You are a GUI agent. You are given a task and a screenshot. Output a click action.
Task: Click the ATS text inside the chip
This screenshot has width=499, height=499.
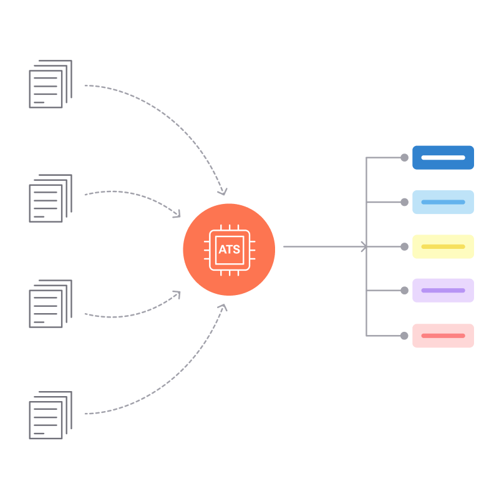pos(229,249)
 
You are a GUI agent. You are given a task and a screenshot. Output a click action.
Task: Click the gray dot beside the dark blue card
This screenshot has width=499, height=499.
pos(404,157)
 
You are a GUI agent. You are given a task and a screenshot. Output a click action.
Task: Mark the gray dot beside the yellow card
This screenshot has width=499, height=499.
pos(404,246)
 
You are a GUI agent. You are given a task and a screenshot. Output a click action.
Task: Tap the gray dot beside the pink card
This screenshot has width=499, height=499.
pos(404,336)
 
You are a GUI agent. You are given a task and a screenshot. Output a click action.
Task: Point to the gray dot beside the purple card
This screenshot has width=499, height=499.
pos(404,290)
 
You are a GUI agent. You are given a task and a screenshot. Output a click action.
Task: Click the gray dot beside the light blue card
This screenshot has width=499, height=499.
pos(404,202)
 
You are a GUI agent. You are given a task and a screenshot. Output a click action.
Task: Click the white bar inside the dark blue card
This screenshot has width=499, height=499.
pos(443,157)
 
